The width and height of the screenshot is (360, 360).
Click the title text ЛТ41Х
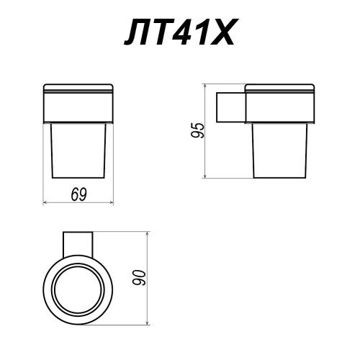179,32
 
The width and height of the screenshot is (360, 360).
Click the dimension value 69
78,194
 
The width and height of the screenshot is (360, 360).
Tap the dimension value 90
139,278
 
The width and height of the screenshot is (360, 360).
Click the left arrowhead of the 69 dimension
45,203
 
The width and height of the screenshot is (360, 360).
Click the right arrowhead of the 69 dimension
111,203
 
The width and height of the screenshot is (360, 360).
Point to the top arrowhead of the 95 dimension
204,86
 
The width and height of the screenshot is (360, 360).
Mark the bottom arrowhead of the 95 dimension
204,176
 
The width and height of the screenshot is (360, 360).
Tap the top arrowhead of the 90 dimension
148,234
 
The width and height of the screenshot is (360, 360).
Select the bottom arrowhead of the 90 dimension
148,323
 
